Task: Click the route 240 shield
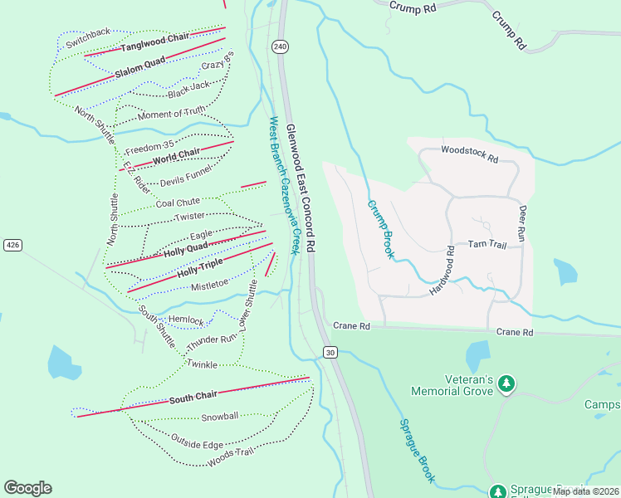click(280, 47)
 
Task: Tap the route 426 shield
click(12, 245)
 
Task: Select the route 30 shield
click(330, 353)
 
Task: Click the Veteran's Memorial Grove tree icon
click(506, 383)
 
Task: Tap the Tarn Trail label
click(487, 244)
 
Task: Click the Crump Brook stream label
click(379, 229)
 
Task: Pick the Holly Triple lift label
click(199, 267)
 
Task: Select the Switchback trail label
click(88, 32)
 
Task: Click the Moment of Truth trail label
click(171, 113)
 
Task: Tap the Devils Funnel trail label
click(186, 177)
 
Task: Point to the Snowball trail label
click(219, 417)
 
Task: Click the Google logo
click(27, 488)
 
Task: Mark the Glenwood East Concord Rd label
click(301, 188)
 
